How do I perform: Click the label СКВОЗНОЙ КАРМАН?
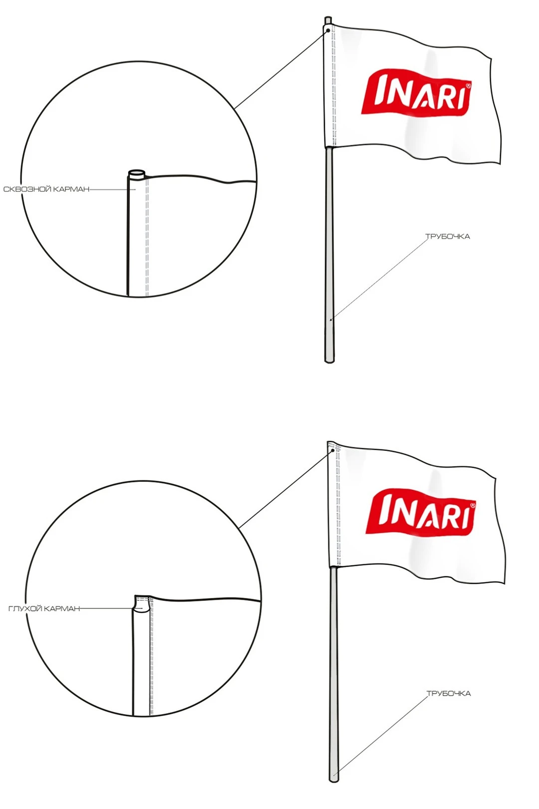[x=46, y=189]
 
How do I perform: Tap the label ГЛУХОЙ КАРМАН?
[x=44, y=609]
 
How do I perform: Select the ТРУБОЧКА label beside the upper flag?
[x=448, y=237]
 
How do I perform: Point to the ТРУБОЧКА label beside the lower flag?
[x=449, y=694]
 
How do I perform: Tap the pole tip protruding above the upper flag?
[x=328, y=20]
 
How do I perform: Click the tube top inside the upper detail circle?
[x=137, y=173]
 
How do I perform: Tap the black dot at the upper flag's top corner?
[x=328, y=30]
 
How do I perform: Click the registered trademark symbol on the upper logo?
[x=468, y=86]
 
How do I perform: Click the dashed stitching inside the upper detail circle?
[x=147, y=237]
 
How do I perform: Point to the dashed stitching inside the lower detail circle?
[x=151, y=657]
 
